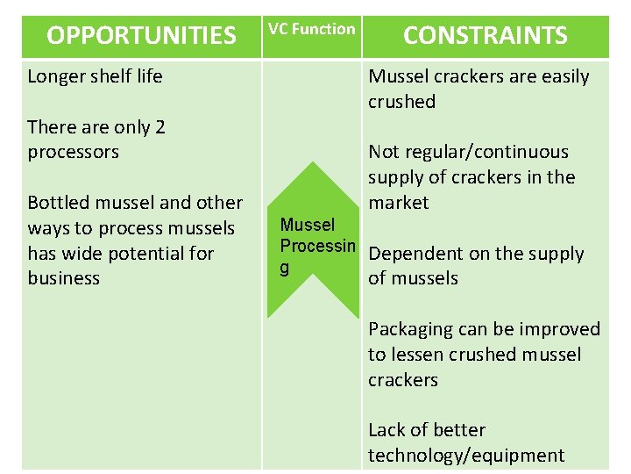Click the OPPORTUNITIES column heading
(141, 36)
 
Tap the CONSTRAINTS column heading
(485, 36)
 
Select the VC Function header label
(311, 29)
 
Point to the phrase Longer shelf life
(95, 76)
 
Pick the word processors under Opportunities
(73, 152)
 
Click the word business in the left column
(63, 278)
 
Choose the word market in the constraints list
(398, 203)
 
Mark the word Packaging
(408, 329)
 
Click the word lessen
(423, 355)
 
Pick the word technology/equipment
(466, 456)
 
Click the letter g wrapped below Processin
(284, 269)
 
